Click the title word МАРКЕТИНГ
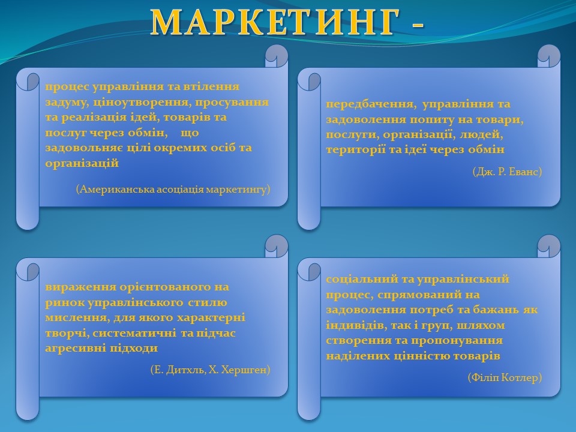[x=275, y=22]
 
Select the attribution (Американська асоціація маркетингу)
[x=173, y=189]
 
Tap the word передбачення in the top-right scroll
[x=371, y=104]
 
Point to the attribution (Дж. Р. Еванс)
[x=508, y=172]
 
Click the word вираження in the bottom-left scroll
[x=80, y=287]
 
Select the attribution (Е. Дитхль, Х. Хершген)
[x=210, y=370]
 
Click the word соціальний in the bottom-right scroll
[x=361, y=279]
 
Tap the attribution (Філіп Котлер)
[x=505, y=377]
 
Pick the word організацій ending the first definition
[x=82, y=163]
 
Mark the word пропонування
[x=456, y=341]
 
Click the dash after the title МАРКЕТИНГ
[x=418, y=25]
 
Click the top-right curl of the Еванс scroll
[x=549, y=56]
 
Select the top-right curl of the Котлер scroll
[x=549, y=247]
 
